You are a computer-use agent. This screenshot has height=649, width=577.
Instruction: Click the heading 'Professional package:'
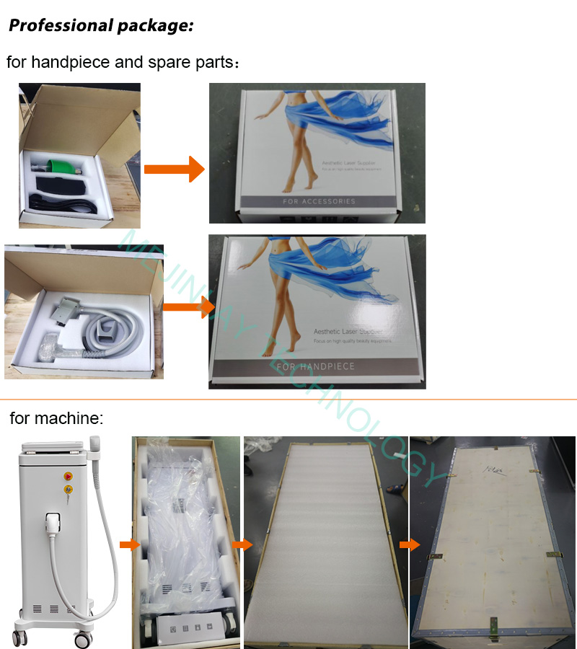click(101, 27)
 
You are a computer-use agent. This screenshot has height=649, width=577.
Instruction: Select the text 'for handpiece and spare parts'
click(119, 62)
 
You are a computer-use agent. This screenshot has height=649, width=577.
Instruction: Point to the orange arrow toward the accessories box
click(174, 169)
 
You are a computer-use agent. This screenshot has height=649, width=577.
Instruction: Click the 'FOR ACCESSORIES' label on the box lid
click(318, 201)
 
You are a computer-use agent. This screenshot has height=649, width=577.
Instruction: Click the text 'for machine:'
click(56, 418)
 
